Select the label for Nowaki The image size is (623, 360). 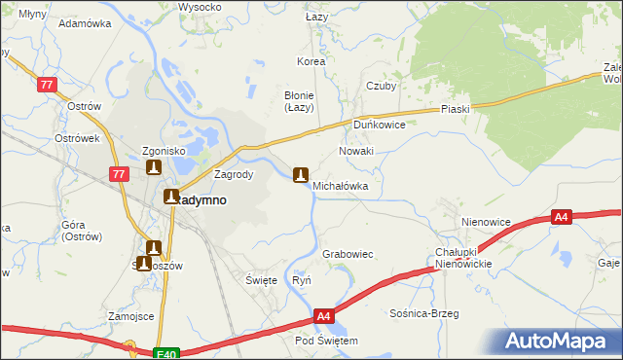pos(355,152)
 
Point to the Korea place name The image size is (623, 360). pos(311,61)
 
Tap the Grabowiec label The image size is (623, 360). pos(348,254)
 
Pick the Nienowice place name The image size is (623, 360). pos(487,222)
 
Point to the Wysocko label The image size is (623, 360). pos(200,7)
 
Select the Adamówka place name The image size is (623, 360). pos(83,22)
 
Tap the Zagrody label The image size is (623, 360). pos(234,175)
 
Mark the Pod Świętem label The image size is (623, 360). pos(327,342)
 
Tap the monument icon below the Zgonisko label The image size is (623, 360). pos(153,167)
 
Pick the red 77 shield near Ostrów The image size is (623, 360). pos(46,86)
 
